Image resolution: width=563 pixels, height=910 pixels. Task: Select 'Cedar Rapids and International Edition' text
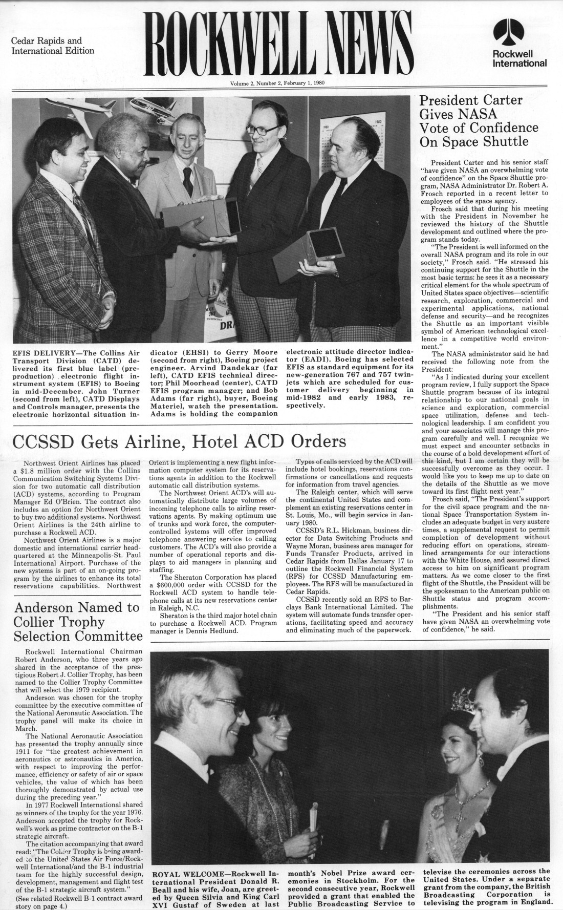tap(53, 46)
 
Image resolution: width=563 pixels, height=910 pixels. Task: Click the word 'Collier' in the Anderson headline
tap(37, 622)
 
